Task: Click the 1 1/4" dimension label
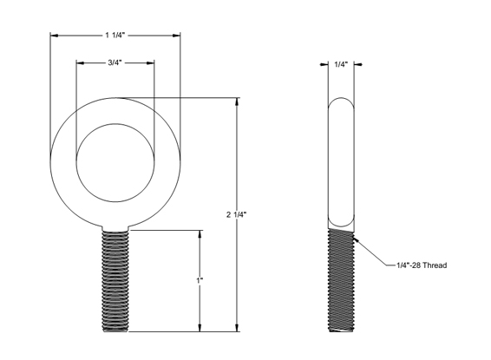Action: point(115,36)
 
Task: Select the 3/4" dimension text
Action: point(115,63)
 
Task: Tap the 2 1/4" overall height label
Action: point(237,215)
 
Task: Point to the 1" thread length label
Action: point(200,280)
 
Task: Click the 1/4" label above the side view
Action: point(341,65)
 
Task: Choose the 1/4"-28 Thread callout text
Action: point(422,265)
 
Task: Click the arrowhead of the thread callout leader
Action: point(356,239)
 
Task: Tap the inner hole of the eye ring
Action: point(115,163)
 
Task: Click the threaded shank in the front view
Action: point(115,281)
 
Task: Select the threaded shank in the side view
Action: point(341,280)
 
